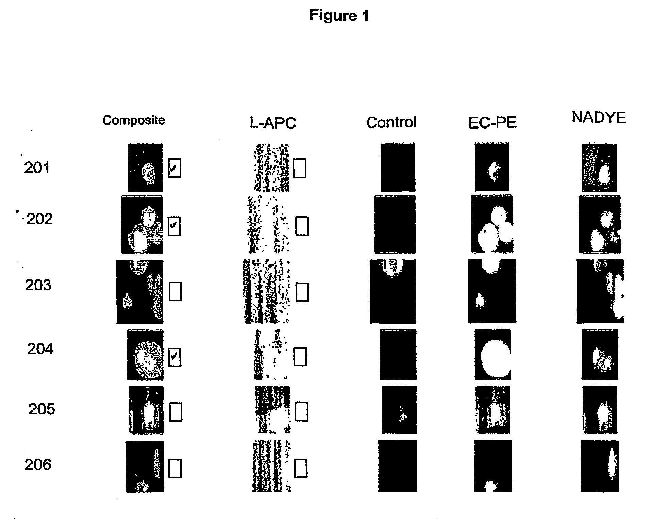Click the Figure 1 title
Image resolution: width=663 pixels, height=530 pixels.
[339, 16]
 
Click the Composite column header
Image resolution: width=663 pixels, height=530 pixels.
[134, 120]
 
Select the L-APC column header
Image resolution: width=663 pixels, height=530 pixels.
[273, 122]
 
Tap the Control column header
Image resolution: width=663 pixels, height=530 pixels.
[392, 122]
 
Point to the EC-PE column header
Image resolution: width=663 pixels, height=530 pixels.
[492, 122]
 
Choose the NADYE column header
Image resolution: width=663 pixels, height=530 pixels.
[598, 117]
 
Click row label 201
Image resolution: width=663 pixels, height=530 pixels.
[37, 168]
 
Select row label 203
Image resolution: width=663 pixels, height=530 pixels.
[38, 285]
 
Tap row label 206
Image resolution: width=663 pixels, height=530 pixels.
[38, 465]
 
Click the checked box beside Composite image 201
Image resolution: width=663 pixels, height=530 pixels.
[175, 168]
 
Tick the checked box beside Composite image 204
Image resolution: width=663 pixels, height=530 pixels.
[175, 357]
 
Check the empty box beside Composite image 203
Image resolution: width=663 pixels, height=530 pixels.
[175, 291]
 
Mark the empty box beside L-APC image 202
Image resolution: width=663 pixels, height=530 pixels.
[302, 226]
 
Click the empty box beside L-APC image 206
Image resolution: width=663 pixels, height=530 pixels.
[300, 468]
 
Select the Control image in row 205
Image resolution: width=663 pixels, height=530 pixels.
[399, 410]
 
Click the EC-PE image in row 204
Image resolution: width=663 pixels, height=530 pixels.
[493, 354]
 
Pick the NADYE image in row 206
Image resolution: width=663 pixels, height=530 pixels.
[600, 466]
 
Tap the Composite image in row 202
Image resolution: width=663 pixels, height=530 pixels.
[142, 225]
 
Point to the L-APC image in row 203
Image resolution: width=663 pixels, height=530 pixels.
[266, 291]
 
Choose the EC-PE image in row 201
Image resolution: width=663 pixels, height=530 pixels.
[492, 167]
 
